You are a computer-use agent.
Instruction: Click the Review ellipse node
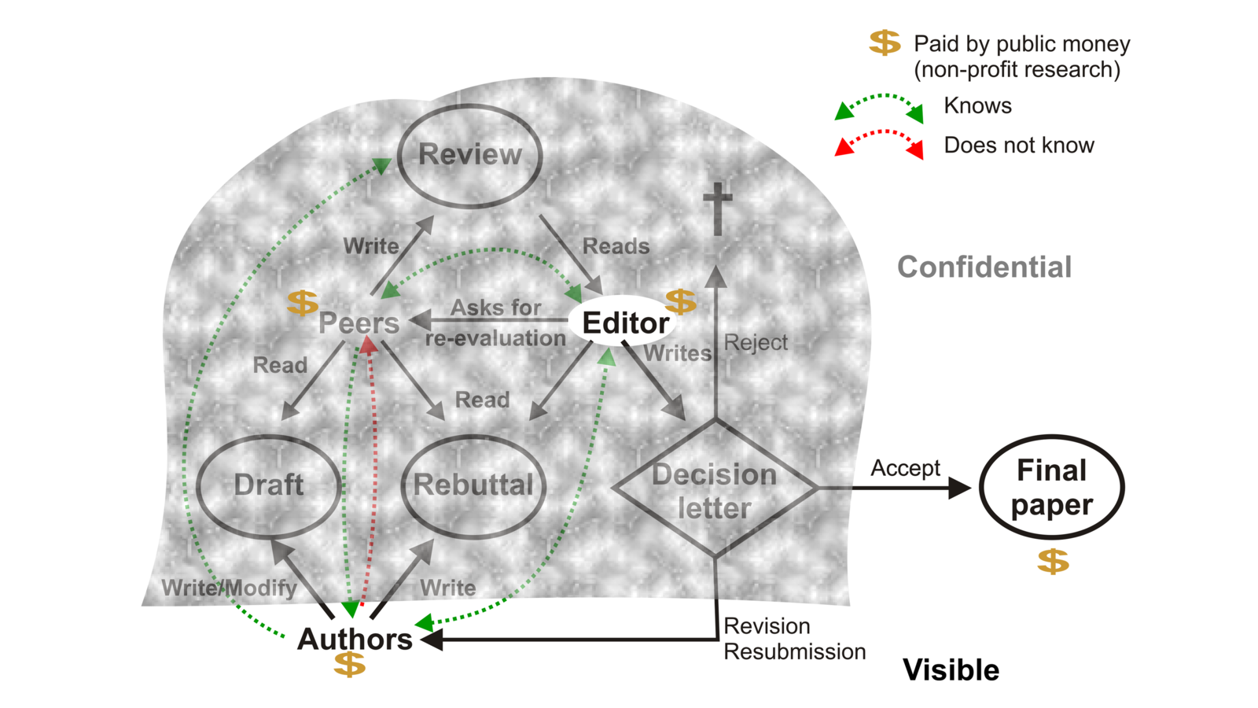coord(469,155)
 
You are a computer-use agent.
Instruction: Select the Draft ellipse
coord(268,485)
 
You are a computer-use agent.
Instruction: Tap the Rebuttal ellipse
coord(473,485)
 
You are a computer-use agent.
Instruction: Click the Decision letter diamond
coord(714,489)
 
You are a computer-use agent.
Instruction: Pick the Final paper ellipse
coord(1051,488)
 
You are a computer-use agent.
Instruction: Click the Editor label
coord(625,323)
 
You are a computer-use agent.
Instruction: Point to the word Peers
coord(359,323)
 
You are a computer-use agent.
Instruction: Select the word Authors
coord(355,639)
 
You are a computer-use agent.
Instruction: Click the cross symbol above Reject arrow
coord(717,208)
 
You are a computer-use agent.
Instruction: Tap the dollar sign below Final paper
coord(1053,561)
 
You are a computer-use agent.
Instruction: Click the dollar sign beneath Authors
coord(349,665)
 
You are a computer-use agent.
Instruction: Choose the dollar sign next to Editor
coord(680,301)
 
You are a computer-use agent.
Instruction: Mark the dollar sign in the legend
coord(885,42)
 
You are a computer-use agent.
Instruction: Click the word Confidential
coord(984,267)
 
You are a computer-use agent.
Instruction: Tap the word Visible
coord(951,670)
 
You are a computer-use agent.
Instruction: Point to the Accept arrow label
coord(905,468)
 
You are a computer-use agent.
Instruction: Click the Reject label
coord(755,343)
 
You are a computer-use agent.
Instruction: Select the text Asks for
coord(495,308)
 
